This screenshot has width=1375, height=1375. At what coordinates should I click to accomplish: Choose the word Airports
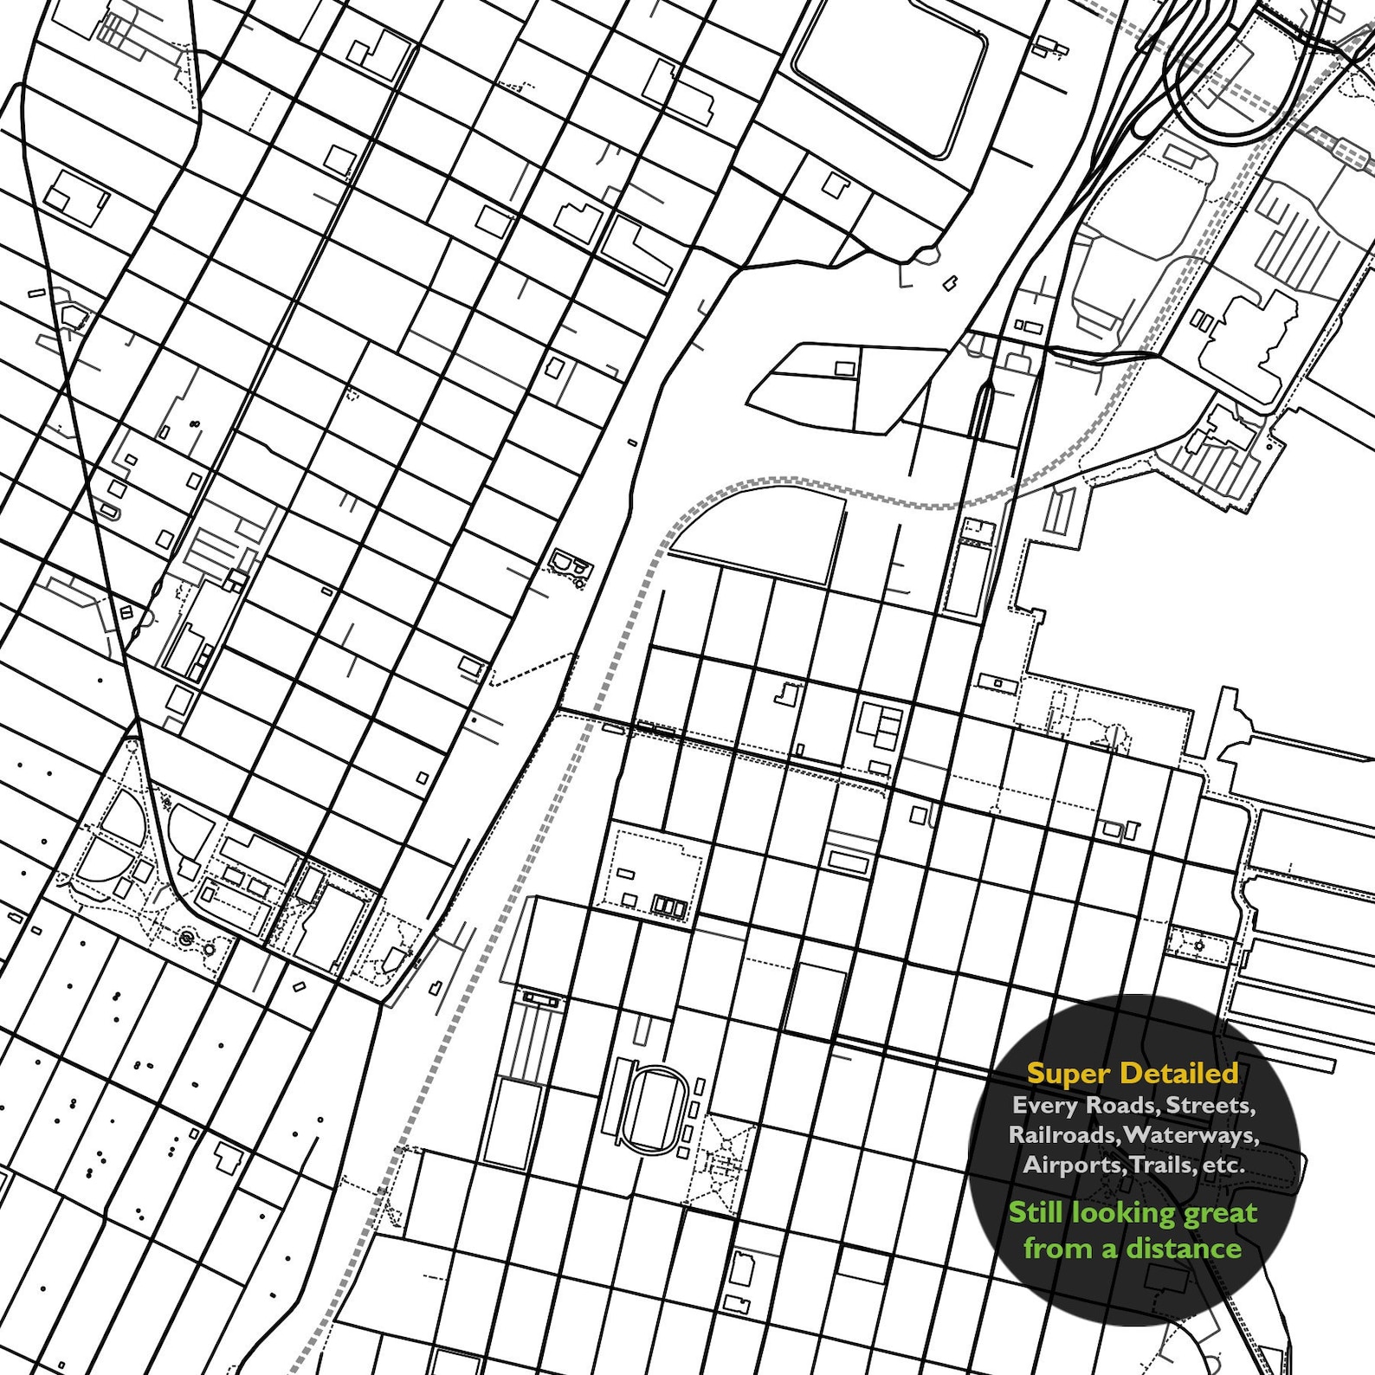[x=1071, y=1165]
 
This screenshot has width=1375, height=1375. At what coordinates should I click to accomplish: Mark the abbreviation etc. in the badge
[x=1223, y=1165]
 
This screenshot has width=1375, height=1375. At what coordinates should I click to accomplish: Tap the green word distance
[x=1183, y=1248]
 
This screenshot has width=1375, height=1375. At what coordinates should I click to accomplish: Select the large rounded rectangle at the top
[x=890, y=82]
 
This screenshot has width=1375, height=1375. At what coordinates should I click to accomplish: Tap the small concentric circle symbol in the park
[x=185, y=937]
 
